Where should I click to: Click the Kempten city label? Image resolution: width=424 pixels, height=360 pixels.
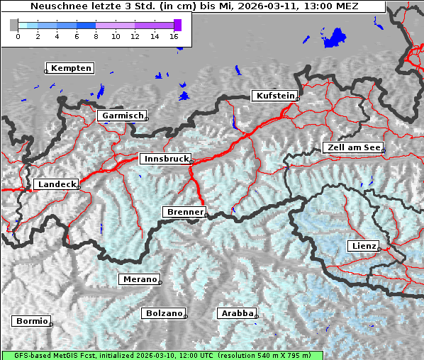coord(71,68)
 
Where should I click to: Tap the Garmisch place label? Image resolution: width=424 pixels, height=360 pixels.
coord(123,116)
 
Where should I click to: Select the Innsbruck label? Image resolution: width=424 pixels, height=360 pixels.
coord(164,159)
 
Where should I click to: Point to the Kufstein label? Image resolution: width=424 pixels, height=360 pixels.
coord(274,96)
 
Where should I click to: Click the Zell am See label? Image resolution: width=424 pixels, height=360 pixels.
coord(353,147)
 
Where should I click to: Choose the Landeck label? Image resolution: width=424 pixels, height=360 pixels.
coord(56,184)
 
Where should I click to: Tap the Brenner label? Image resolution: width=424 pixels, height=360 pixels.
coord(184,212)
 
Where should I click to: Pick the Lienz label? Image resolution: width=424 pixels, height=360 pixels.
coord(363,246)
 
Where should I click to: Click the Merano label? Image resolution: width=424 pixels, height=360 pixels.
coord(139,279)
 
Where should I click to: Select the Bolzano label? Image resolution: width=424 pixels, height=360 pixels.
coord(164,313)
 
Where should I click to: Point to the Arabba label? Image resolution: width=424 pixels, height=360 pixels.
coord(235,313)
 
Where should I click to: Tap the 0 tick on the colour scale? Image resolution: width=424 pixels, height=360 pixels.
coord(18,35)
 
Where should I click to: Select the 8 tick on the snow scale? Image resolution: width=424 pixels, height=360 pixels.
coord(96,35)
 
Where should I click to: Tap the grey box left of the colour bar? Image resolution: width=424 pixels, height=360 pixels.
coord(14,25)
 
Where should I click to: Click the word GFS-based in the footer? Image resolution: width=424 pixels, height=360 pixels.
coord(26,355)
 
